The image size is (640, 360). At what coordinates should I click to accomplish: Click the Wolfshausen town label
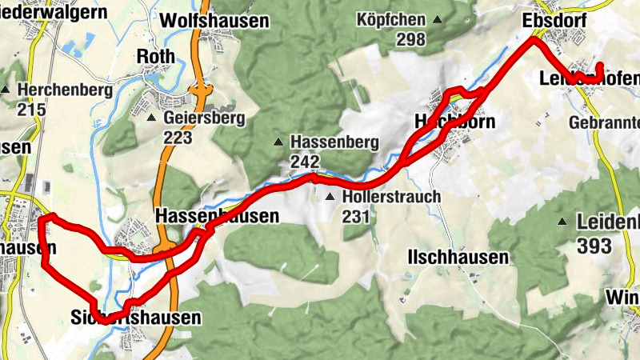(214, 21)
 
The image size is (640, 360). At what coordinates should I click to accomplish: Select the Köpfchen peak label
(398, 18)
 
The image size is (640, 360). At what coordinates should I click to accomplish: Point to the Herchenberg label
(68, 90)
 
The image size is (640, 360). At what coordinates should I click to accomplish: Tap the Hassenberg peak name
(334, 142)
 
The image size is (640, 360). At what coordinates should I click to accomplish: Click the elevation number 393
(594, 245)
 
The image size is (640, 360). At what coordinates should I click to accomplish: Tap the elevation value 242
(305, 162)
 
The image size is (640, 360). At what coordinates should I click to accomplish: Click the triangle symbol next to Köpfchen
(438, 19)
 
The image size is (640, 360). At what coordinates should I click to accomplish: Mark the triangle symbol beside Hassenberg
(278, 142)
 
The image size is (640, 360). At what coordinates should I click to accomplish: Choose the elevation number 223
(178, 138)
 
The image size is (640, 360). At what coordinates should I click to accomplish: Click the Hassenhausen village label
(217, 216)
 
